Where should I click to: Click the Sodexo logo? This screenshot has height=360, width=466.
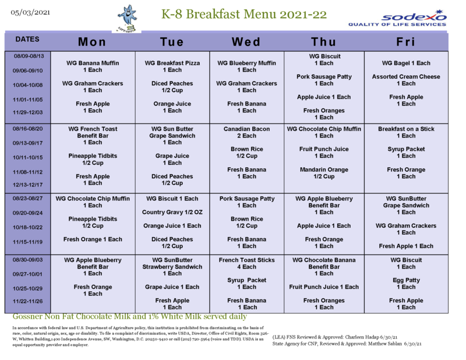397,19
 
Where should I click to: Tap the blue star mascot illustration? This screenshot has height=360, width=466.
126,17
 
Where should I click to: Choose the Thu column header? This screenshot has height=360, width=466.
323,42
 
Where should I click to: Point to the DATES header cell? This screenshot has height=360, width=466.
27,40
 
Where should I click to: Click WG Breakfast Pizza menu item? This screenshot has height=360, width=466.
172,63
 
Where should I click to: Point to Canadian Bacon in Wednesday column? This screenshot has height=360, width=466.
246,129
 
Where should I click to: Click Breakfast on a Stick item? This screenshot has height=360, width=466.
405,129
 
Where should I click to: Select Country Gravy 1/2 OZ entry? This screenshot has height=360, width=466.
172,212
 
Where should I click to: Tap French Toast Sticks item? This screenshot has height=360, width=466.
246,260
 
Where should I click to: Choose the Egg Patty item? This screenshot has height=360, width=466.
406,280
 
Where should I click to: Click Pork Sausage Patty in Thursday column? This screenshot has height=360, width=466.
324,76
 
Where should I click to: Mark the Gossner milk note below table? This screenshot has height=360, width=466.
129,316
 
